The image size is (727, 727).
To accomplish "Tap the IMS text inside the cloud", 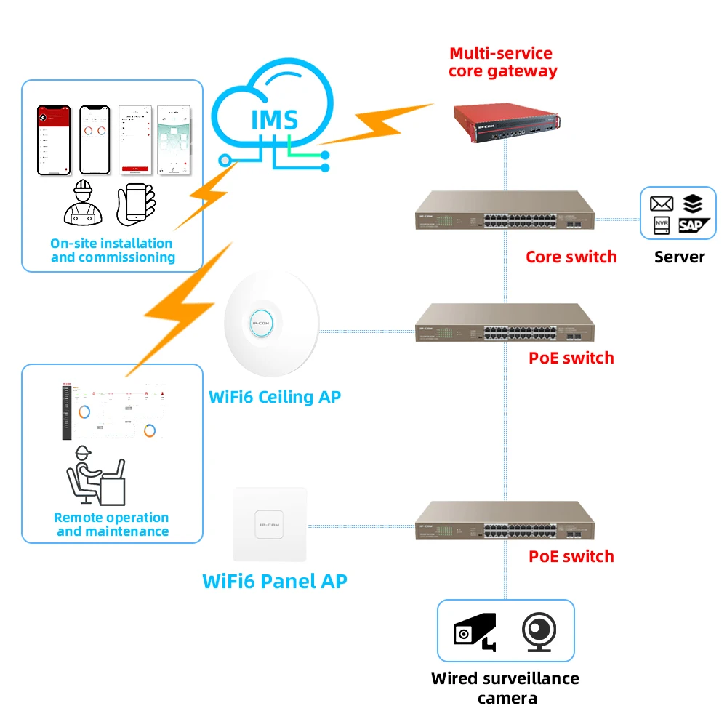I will coord(273,119).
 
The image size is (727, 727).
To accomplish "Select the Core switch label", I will coord(571,257).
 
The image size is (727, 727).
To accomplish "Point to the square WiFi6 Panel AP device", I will coord(270,523).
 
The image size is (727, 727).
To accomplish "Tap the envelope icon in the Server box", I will coord(661,204).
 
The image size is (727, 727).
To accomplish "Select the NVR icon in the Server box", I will coord(661,225).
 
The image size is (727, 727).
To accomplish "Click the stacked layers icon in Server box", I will coord(692,204).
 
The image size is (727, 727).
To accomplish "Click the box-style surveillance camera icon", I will coord(475,631).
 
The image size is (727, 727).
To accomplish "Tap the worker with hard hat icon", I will coord(83,201).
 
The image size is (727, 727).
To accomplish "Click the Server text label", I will coord(679,257).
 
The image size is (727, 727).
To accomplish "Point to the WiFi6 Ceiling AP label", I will coord(274,397).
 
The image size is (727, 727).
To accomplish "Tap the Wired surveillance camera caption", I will coord(505,688).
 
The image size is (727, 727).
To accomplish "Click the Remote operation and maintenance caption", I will coord(111,524).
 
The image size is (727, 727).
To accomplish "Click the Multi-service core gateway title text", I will coord(502,62).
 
